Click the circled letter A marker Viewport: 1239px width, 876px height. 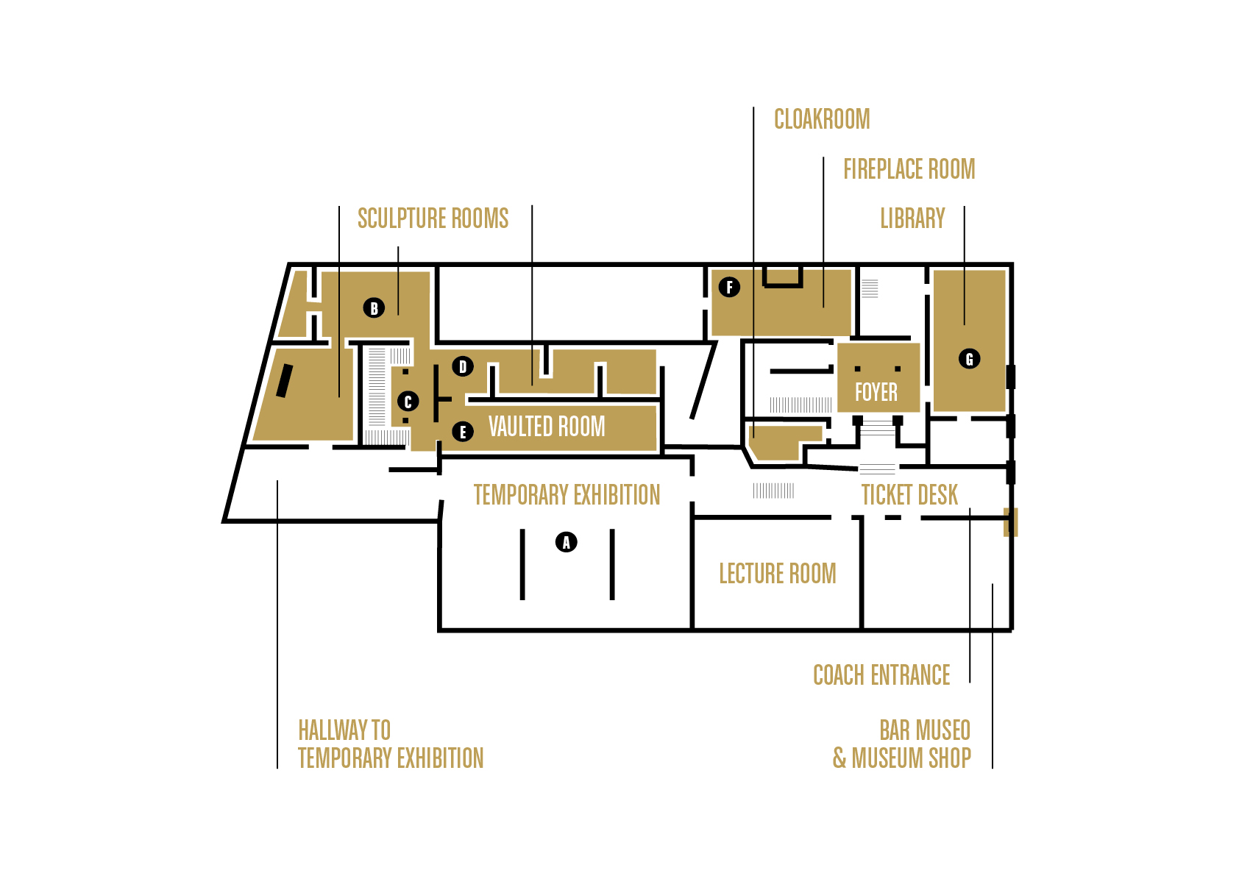[566, 543]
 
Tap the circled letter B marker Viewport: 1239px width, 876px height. [374, 308]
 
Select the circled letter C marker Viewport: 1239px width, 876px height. [408, 402]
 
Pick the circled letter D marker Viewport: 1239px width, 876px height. [463, 366]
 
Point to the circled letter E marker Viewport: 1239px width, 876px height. [462, 432]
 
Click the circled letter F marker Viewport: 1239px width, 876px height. [729, 287]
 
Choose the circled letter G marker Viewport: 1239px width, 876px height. [969, 359]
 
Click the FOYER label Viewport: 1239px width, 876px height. [876, 392]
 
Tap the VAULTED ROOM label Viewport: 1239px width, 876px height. [547, 427]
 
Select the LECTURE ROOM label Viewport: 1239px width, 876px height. [777, 574]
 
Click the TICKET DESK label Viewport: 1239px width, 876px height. [909, 495]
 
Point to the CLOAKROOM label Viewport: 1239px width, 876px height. [822, 119]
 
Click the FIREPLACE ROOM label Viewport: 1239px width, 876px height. [909, 169]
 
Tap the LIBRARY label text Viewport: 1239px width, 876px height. [912, 218]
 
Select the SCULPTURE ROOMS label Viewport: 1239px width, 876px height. [433, 218]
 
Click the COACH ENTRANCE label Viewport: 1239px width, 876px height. [881, 675]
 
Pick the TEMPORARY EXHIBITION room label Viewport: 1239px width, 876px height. [567, 495]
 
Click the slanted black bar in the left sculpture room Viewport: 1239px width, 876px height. [284, 381]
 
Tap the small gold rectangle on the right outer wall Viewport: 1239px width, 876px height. [1010, 521]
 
